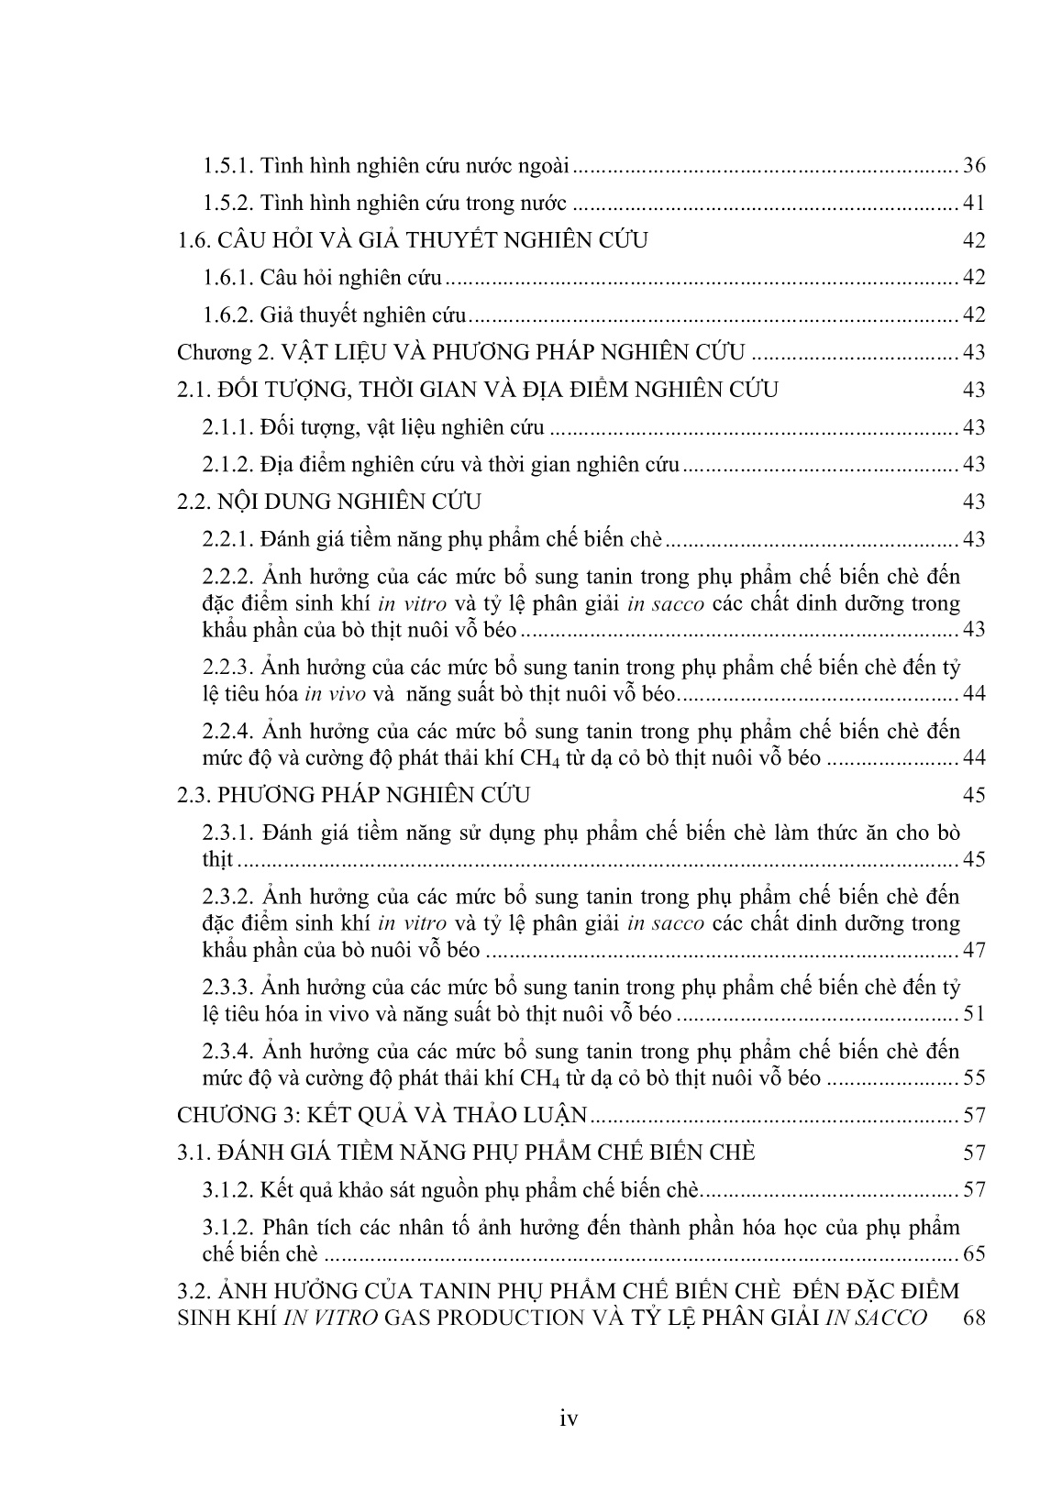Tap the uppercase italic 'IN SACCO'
click(881, 1318)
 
